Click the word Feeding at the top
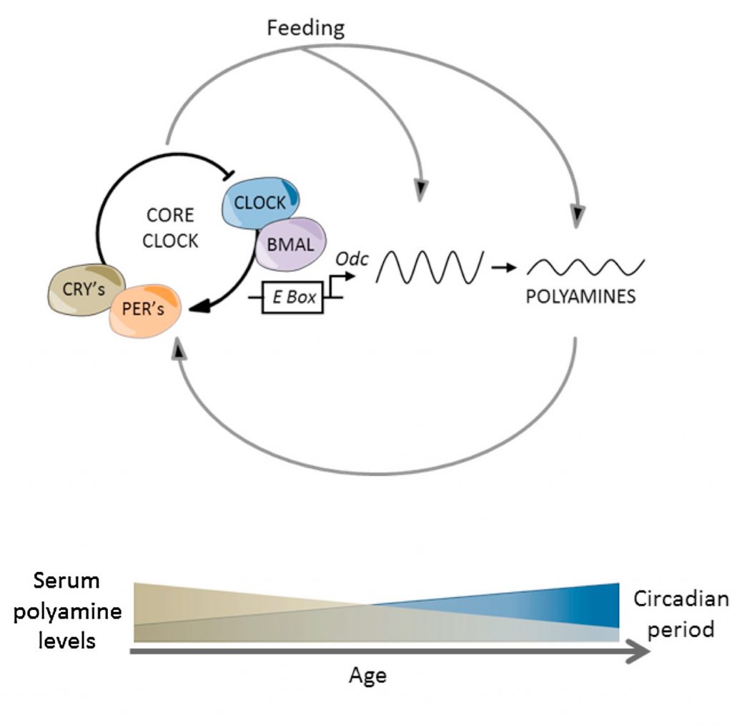point(305,28)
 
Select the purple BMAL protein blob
point(290,243)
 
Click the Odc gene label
point(355,260)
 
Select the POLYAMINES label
point(580,297)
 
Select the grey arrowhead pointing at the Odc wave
point(423,189)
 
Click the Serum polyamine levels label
point(66,611)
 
